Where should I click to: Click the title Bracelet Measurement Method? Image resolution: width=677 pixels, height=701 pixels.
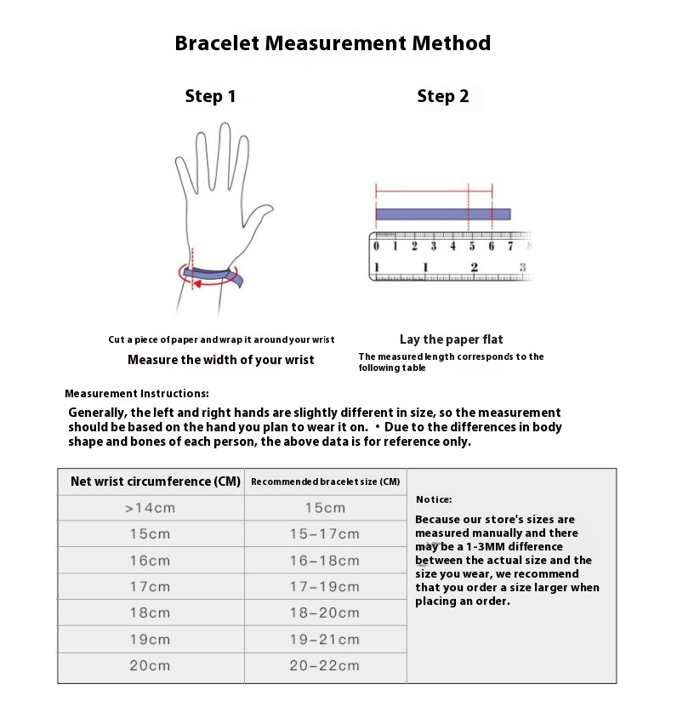click(x=333, y=43)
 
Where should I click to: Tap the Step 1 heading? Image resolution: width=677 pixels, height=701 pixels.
click(x=210, y=97)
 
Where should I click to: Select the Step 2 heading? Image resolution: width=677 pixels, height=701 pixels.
click(x=442, y=97)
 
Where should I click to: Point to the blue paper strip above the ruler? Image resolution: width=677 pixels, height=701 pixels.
click(x=442, y=214)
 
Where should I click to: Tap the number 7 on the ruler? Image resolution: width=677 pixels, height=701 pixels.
click(x=510, y=247)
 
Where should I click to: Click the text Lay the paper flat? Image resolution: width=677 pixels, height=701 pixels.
click(x=451, y=339)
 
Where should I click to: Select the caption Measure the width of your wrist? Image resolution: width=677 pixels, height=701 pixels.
click(x=221, y=360)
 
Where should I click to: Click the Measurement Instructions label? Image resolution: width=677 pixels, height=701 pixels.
click(x=136, y=394)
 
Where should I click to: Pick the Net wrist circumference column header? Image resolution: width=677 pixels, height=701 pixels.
click(x=155, y=482)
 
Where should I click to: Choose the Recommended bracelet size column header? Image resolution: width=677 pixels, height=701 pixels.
click(x=325, y=482)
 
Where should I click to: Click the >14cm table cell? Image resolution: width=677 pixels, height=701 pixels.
click(x=150, y=508)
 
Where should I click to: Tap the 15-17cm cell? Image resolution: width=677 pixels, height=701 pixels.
click(x=324, y=534)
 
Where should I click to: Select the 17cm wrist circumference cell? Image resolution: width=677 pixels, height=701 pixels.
click(x=150, y=587)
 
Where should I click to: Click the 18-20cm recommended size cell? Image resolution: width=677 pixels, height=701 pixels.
click(x=324, y=613)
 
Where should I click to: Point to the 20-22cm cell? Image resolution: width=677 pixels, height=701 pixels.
click(x=324, y=666)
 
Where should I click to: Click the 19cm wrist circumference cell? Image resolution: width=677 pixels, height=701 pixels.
click(x=150, y=640)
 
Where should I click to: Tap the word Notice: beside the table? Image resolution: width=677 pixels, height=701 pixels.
click(x=434, y=499)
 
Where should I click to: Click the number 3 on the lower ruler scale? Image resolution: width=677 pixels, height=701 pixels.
click(x=522, y=268)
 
